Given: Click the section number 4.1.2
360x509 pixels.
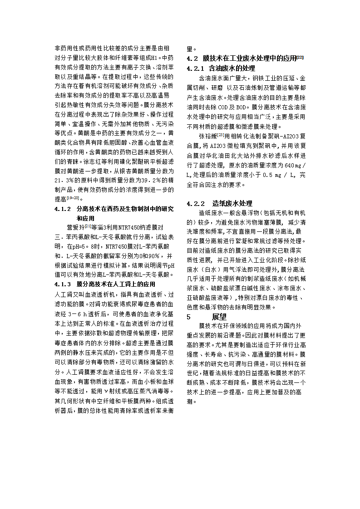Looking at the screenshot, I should click(x=63, y=209).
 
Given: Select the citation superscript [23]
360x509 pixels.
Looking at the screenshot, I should click(x=221, y=134).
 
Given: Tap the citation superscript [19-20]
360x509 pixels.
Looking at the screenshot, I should click(x=73, y=198).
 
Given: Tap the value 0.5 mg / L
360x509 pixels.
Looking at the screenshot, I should click(x=279, y=175).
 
